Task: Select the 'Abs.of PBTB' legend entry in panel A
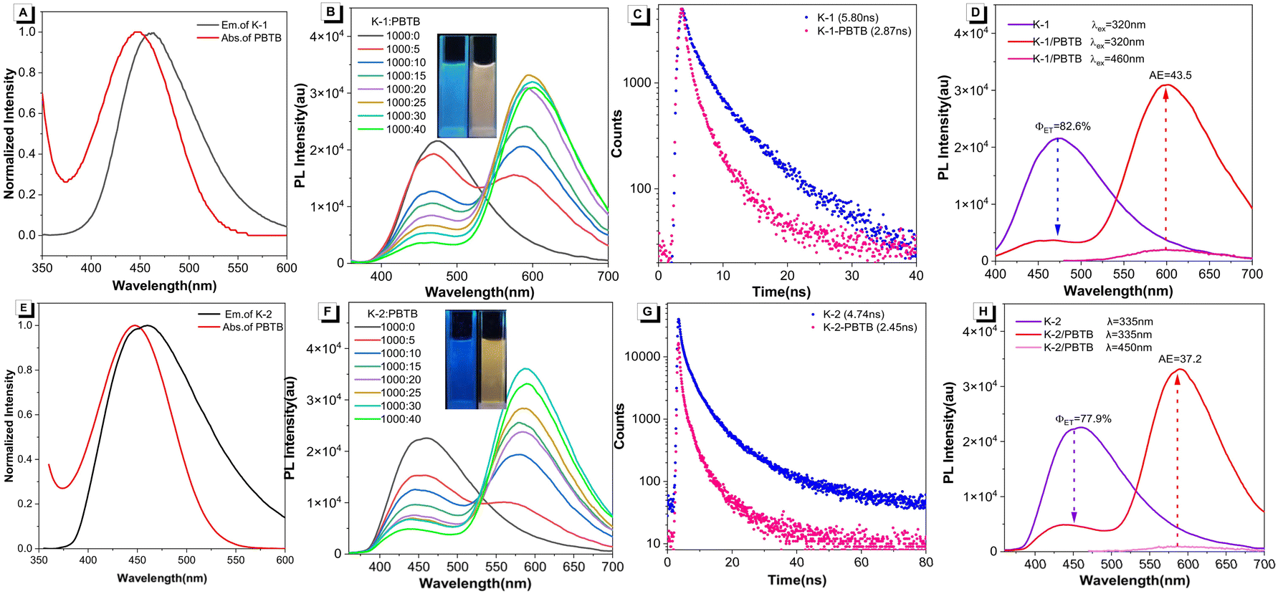239,38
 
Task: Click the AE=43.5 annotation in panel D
1170,75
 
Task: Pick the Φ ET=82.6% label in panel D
1063,127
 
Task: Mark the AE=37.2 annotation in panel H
1180,359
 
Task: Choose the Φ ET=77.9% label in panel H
1083,420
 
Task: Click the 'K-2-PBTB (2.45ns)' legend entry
864,327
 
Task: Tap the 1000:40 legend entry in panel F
388,419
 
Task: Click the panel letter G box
647,312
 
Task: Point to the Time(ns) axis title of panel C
781,292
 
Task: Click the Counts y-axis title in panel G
619,426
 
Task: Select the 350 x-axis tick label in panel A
42,268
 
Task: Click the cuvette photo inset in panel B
466,86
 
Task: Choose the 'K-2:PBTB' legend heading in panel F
392,314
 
